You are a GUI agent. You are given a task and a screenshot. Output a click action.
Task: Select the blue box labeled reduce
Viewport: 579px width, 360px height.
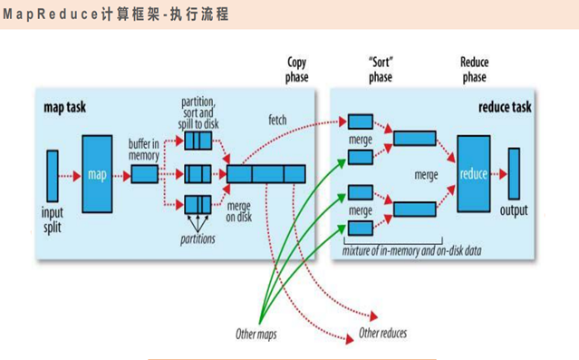coord(473,173)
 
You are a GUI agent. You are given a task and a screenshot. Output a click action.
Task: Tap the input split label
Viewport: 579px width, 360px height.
coord(53,219)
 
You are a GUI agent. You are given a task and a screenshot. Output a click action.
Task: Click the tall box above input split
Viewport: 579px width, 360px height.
coord(53,174)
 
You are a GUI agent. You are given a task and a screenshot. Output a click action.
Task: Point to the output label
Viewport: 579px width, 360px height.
coord(514,211)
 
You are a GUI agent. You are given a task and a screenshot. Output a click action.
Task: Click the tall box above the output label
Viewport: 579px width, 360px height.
coord(514,172)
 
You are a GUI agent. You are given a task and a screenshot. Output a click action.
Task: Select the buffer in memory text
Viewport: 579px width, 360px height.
coord(143,149)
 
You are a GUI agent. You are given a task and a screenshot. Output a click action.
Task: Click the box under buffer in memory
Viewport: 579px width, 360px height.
coord(143,174)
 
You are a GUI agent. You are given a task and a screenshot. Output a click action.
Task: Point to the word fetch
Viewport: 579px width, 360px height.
coord(278,121)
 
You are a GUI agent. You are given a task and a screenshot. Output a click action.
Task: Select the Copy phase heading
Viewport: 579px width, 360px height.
coord(297,70)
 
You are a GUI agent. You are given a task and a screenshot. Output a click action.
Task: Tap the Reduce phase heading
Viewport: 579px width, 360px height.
coord(474,70)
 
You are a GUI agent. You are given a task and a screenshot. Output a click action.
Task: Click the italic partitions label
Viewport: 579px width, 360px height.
coord(198,239)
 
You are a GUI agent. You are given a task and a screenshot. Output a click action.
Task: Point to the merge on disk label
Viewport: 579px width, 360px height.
coord(238,211)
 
